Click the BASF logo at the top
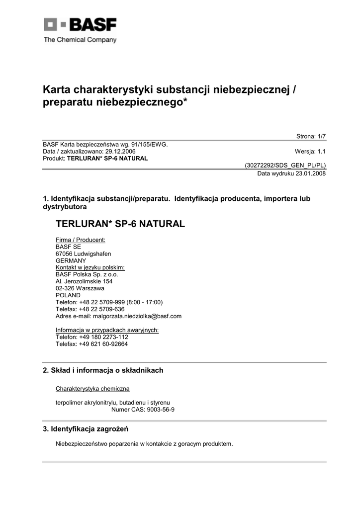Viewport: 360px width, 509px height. pyautogui.click(x=80, y=25)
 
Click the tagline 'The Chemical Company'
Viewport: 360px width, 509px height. pyautogui.click(x=80, y=40)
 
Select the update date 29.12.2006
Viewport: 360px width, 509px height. pyautogui.click(x=119, y=152)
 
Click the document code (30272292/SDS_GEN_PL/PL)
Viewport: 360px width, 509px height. pyautogui.click(x=285, y=166)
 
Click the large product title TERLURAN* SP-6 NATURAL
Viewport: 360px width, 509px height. pyautogui.click(x=120, y=224)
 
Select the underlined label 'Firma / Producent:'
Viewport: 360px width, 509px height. pyautogui.click(x=81, y=240)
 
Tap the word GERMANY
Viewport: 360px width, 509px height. pyautogui.click(x=71, y=260)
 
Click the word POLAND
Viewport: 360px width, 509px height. pyautogui.click(x=68, y=295)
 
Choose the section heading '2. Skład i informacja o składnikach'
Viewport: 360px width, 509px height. pyautogui.click(x=103, y=370)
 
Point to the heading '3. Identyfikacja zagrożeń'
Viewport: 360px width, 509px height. pyautogui.click(x=89, y=429)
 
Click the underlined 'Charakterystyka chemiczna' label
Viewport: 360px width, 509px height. pyautogui.click(x=93, y=388)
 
